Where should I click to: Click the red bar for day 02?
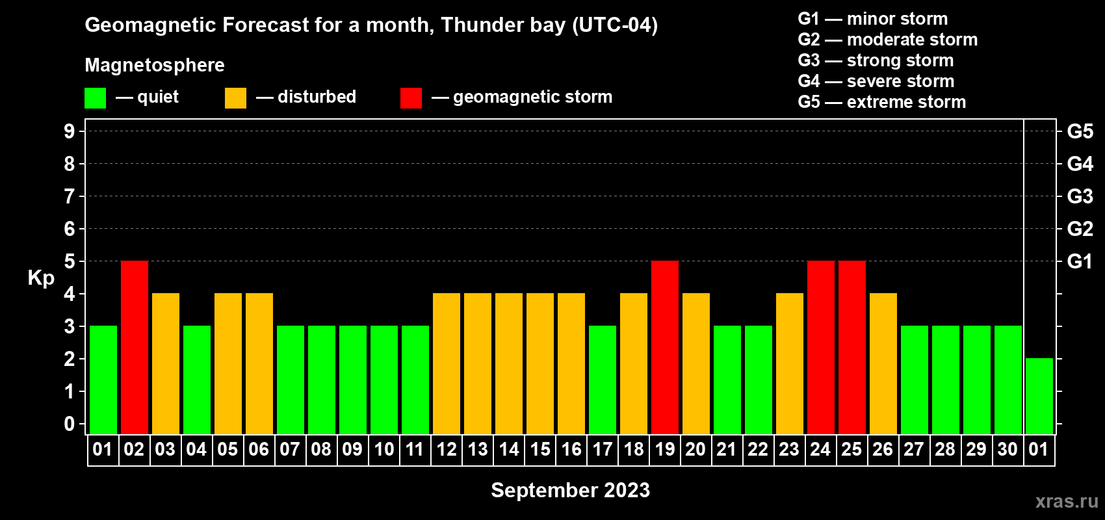point(135,347)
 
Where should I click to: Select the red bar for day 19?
point(665,347)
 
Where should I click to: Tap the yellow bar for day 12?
point(447,363)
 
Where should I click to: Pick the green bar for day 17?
point(603,380)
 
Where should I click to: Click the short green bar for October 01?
point(1039,396)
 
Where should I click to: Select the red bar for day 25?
point(852,347)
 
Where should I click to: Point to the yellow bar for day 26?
point(883,363)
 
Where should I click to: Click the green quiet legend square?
point(95,97)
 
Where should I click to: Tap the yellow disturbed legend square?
point(235,97)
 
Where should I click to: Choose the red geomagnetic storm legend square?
point(411,97)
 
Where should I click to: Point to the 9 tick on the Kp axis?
point(69,131)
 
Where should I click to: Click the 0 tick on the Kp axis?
point(69,424)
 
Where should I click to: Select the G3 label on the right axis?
point(1080,196)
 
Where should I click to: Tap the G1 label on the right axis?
point(1080,261)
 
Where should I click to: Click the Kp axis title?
point(41,278)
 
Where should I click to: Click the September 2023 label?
point(570,490)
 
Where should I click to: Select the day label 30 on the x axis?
point(1007,449)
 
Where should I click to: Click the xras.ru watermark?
point(1067,501)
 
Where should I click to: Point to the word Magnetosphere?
point(155,65)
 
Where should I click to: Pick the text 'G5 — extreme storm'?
point(881,102)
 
